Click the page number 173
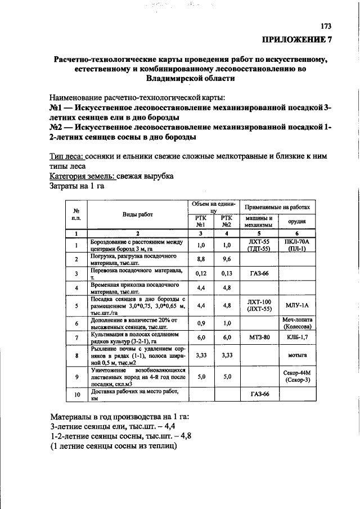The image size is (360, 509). coord(326,26)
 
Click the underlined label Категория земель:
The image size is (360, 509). coord(82,176)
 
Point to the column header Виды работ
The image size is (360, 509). coord(138,214)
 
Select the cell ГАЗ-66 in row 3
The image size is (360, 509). coord(259,273)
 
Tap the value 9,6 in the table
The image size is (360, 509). coord(227,259)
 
